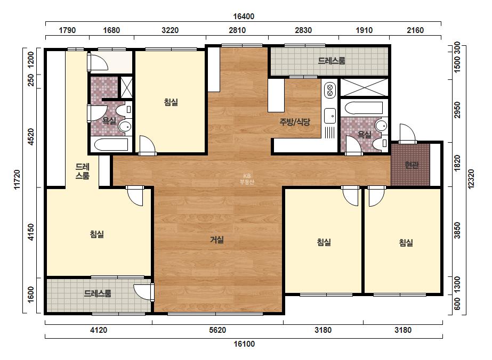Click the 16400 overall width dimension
[244, 17]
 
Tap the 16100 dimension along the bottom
[244, 344]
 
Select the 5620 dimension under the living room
[217, 330]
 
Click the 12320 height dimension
[471, 179]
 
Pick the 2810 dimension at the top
[237, 30]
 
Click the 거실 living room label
[217, 240]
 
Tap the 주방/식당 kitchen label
[295, 121]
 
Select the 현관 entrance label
[412, 165]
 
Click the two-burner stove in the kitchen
[329, 89]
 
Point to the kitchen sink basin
[330, 116]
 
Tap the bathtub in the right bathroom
[364, 108]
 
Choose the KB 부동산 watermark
[246, 179]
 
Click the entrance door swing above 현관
[407, 134]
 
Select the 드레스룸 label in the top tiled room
[332, 61]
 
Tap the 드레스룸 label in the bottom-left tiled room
[97, 293]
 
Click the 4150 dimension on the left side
[31, 232]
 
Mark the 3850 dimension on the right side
[457, 231]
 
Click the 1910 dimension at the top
[364, 30]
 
